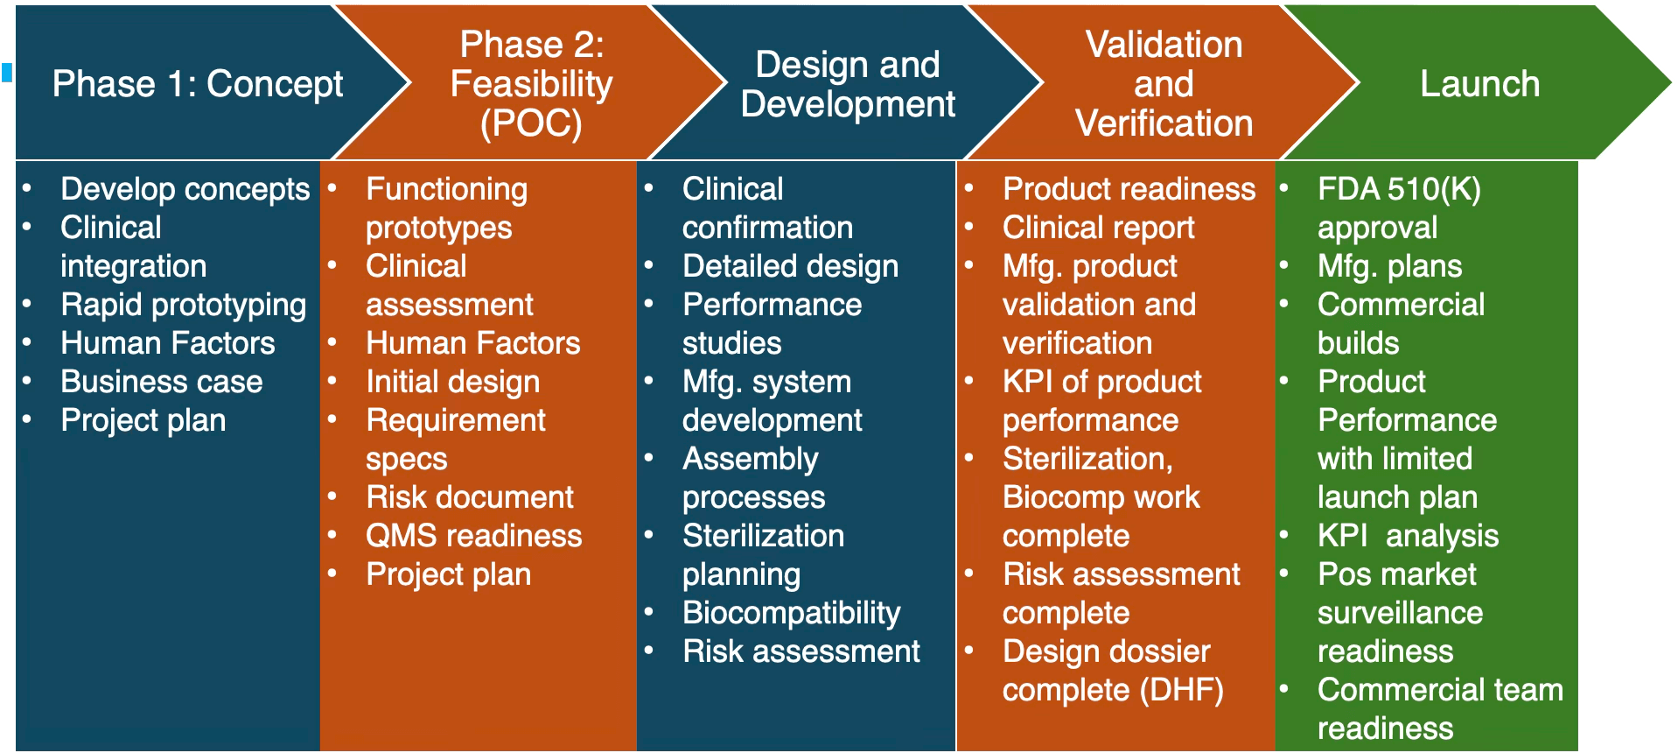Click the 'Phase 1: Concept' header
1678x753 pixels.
[197, 84]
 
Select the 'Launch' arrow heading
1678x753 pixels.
[1479, 84]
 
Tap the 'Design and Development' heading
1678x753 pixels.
[848, 84]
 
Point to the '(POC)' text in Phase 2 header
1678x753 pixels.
[531, 123]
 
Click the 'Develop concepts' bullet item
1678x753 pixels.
[185, 189]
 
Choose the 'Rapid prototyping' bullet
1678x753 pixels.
[183, 305]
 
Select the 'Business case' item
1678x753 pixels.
[161, 382]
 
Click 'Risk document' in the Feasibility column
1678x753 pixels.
[469, 497]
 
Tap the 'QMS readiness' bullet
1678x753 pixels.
[473, 536]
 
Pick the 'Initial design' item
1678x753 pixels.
[452, 382]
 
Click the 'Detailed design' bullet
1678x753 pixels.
[790, 266]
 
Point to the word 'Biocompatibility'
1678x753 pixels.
[791, 613]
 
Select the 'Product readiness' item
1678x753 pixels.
[1129, 189]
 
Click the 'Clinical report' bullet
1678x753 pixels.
[1098, 228]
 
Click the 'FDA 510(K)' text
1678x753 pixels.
[1399, 189]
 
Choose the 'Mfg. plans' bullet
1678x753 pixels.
[1389, 266]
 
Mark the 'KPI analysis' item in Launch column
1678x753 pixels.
[1408, 536]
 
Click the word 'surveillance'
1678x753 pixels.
[1400, 613]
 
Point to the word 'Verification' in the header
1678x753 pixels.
[1164, 123]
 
